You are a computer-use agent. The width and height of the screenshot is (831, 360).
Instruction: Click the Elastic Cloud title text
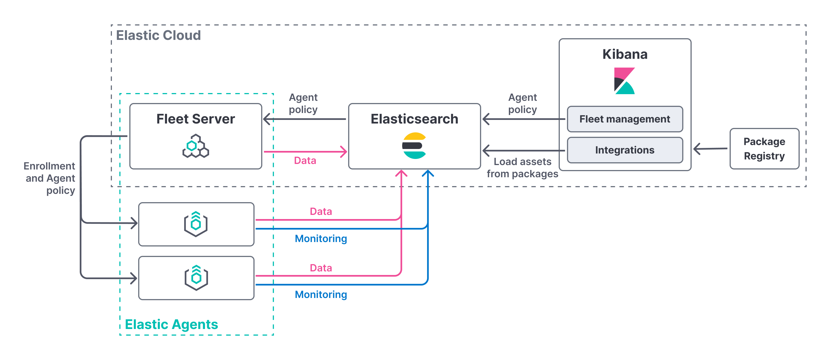click(158, 35)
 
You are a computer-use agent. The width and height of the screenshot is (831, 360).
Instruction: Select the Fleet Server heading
click(196, 119)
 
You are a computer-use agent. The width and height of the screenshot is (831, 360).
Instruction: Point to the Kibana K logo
click(624, 81)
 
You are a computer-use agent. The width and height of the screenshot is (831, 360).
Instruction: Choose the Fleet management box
click(625, 119)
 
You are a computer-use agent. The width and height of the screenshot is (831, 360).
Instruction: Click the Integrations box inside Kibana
click(625, 150)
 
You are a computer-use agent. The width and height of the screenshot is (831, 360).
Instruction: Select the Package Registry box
click(764, 149)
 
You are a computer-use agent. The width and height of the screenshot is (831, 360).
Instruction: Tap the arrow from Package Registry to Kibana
click(710, 149)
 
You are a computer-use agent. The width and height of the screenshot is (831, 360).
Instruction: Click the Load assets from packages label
click(522, 168)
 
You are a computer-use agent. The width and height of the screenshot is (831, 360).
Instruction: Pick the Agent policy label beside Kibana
click(522, 103)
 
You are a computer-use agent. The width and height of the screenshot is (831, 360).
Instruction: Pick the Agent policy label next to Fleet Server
click(303, 103)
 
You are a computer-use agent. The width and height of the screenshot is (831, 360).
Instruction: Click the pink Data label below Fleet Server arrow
click(305, 160)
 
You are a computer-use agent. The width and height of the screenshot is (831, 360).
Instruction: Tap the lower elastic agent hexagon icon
click(196, 278)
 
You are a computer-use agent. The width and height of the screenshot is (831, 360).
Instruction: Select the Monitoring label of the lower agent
click(321, 294)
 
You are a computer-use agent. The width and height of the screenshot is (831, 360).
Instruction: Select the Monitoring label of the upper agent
click(321, 238)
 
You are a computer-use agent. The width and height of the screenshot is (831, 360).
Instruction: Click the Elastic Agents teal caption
click(171, 324)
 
